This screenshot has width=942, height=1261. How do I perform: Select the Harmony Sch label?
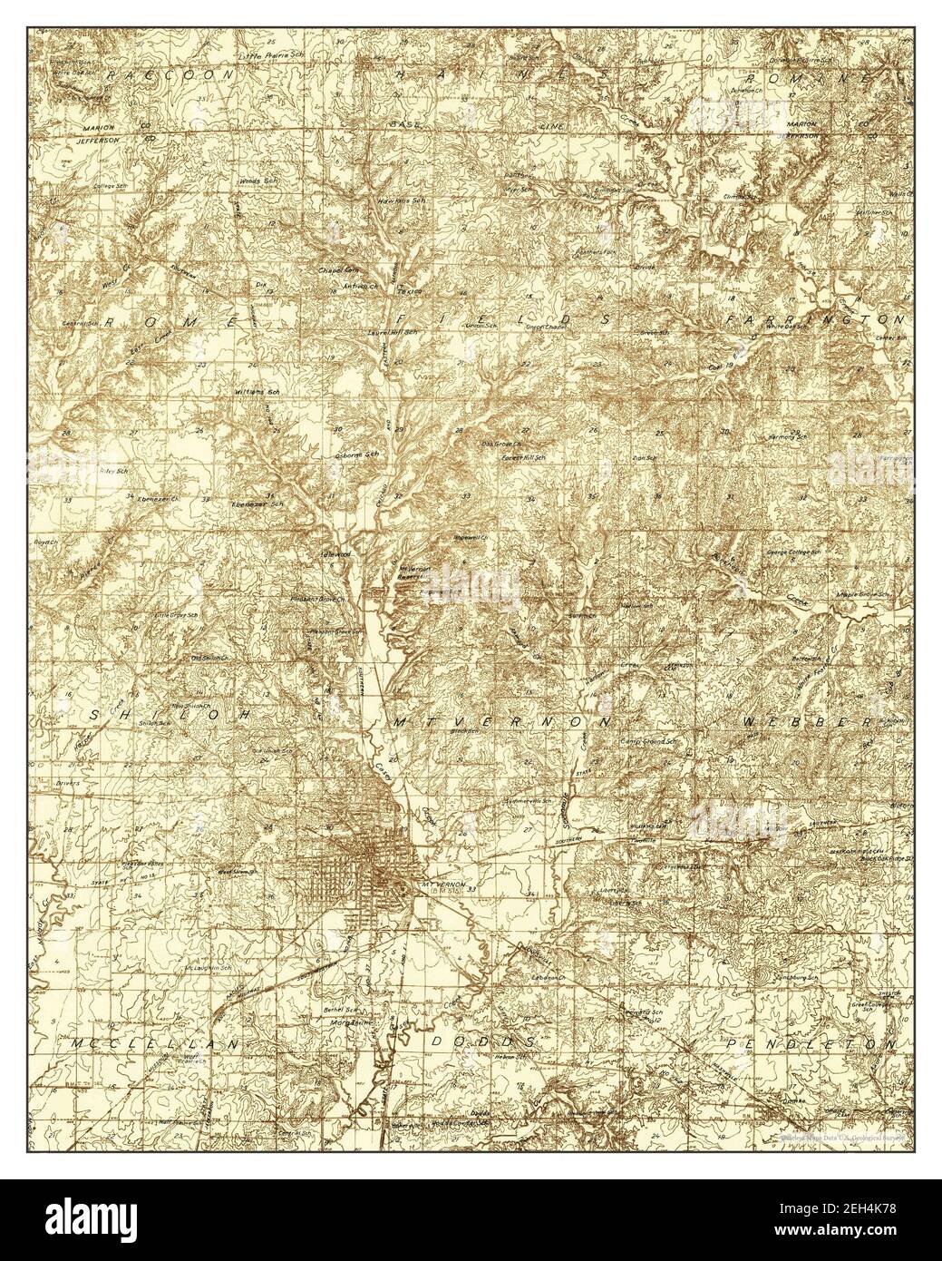tap(789, 438)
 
